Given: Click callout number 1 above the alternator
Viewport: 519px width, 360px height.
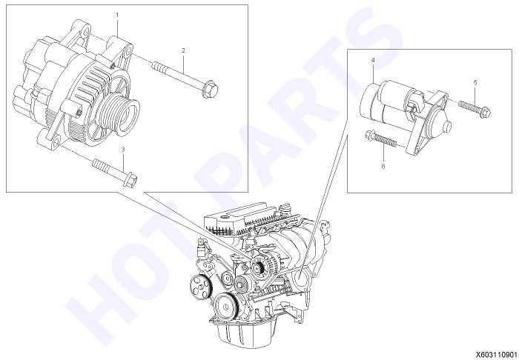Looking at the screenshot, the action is pyautogui.click(x=117, y=15).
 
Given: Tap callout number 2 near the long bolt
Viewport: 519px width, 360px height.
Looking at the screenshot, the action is pyautogui.click(x=183, y=50).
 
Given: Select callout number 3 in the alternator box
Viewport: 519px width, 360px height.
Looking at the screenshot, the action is pyautogui.click(x=123, y=150).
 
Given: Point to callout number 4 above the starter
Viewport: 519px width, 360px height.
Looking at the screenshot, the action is pyautogui.click(x=373, y=60).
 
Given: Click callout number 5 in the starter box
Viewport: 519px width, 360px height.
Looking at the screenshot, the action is pyautogui.click(x=475, y=83).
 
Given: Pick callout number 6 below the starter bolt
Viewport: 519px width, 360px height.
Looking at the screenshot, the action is pyautogui.click(x=383, y=166).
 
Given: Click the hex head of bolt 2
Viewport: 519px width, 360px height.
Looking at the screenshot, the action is pyautogui.click(x=210, y=89).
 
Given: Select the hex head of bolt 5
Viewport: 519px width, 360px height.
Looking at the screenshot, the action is pyautogui.click(x=485, y=113).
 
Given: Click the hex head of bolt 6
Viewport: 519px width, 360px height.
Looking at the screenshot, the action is pyautogui.click(x=370, y=136).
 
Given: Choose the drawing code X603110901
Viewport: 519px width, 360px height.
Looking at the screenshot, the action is pyautogui.click(x=497, y=355).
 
